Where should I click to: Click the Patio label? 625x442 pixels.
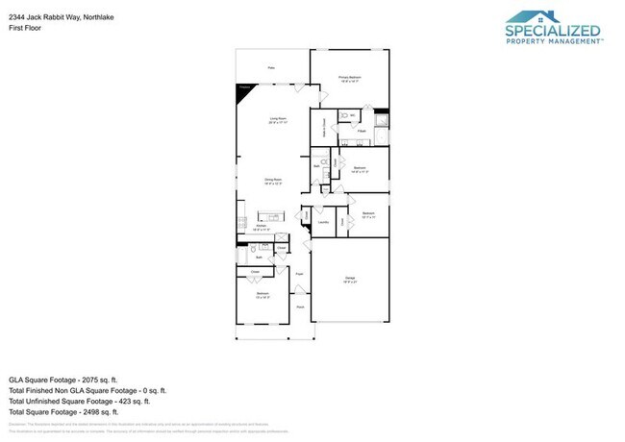pos(271,68)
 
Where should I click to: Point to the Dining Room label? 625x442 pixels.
pos(273,182)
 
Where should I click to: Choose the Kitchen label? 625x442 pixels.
pos(260,229)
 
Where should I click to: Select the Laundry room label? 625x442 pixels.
pos(323,223)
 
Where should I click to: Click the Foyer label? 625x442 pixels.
pos(300,274)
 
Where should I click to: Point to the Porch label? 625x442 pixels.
pos(300,307)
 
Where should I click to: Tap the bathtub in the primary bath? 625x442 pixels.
pos(380,122)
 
